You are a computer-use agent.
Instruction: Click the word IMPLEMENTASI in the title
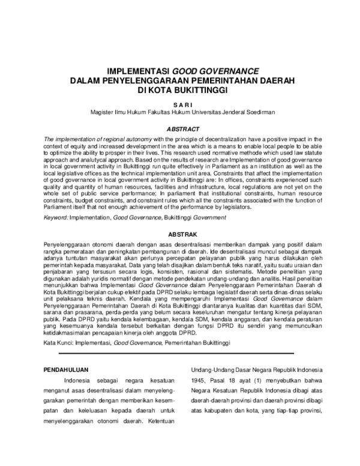[x=137, y=69]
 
